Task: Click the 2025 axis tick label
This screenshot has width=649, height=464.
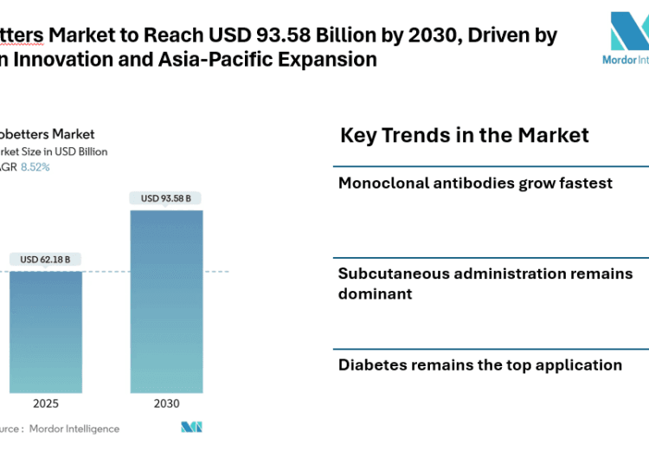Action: [46, 403]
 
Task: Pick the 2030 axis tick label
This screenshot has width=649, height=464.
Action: [166, 403]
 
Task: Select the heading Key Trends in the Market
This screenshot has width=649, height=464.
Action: [465, 135]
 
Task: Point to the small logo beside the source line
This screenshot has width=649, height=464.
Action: [191, 428]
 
